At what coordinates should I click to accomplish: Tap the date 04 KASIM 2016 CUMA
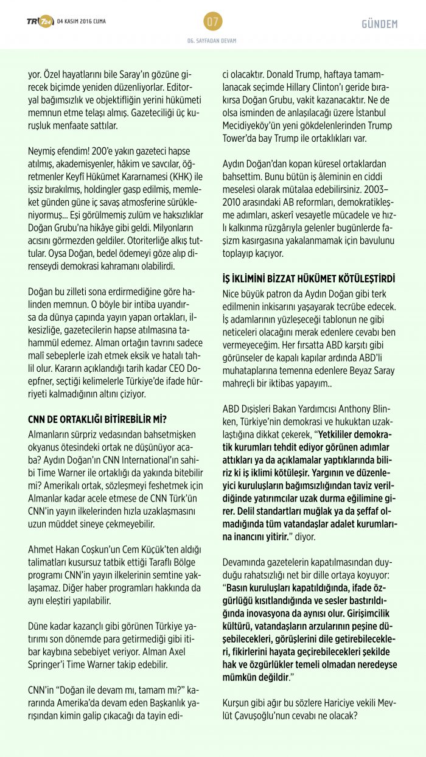pyautogui.click(x=81, y=23)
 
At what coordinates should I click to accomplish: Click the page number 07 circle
pyautogui.click(x=212, y=23)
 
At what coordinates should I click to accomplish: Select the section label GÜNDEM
pyautogui.click(x=379, y=24)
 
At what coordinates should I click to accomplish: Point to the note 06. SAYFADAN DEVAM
pyautogui.click(x=212, y=41)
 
